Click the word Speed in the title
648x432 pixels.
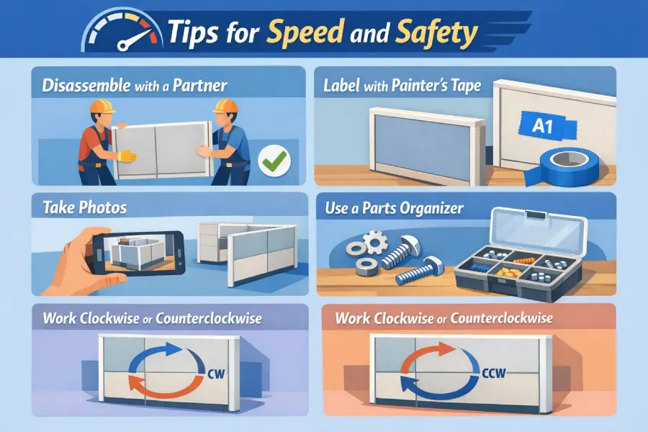305,32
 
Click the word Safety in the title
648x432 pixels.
436,32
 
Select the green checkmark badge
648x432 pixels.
274,161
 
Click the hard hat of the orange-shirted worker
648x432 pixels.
102,106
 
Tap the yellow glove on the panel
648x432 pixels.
127,156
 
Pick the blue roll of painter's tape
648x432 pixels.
567,166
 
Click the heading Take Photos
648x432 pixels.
85,207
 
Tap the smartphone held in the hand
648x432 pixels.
138,253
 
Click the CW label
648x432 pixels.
216,374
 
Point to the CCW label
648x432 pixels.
494,373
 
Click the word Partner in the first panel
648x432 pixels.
199,85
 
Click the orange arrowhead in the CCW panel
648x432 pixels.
449,349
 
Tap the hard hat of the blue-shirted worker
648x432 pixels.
225,106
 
